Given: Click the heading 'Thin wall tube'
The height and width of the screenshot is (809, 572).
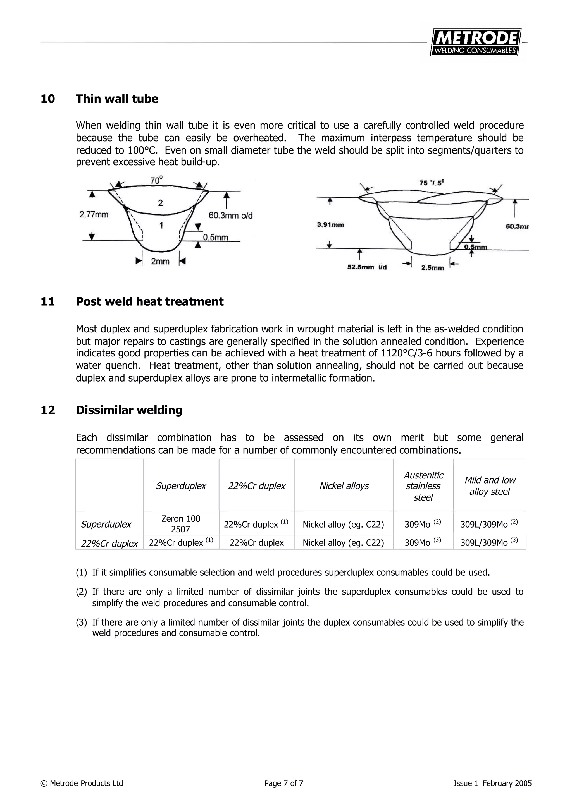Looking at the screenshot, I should [117, 99].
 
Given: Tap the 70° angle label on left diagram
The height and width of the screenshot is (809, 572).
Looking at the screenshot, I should [156, 180].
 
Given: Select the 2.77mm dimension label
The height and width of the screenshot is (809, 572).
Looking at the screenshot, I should [94, 215].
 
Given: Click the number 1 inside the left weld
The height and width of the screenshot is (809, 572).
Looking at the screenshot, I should [161, 226].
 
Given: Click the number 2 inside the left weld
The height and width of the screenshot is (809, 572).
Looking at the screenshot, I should [160, 203].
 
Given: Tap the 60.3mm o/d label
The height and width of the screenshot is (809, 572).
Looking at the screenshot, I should [230, 216].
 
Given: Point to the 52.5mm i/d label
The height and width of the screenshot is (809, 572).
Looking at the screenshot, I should [367, 267].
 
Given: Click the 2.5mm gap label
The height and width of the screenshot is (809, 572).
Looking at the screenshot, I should [432, 268].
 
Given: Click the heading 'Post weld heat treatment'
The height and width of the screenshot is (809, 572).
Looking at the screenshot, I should [149, 301].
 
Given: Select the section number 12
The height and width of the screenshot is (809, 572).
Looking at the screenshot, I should [48, 410].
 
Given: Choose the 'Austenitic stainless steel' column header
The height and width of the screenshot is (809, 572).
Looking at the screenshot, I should [423, 486].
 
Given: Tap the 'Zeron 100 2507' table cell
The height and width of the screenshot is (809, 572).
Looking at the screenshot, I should [181, 524].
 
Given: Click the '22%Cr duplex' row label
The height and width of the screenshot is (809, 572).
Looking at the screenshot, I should [109, 543].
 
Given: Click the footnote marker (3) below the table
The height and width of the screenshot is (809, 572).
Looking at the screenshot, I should [81, 622].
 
